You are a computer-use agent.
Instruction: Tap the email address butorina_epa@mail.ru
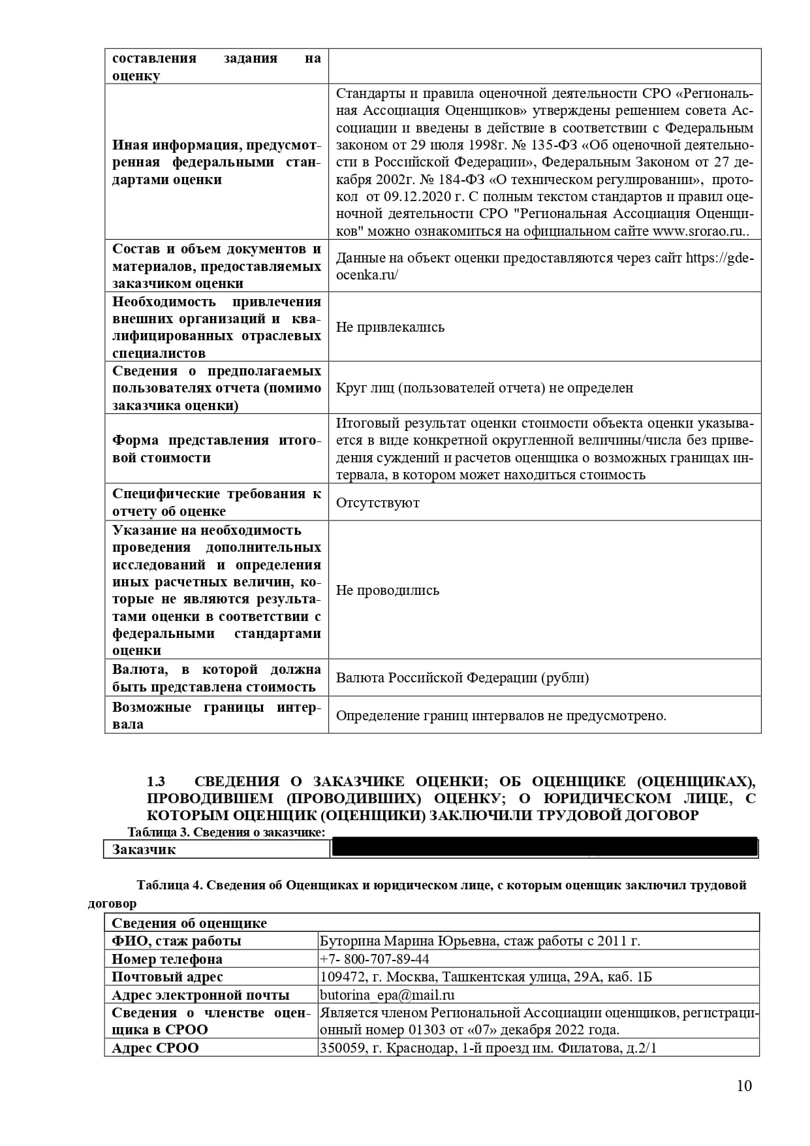coord(386,995)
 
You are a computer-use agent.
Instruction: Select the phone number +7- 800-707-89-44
coord(374,959)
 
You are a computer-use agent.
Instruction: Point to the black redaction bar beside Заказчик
coord(544,848)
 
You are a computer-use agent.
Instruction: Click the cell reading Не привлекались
coord(390,327)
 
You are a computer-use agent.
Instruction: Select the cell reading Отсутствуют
coord(377,503)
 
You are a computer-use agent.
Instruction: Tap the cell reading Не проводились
coord(387,590)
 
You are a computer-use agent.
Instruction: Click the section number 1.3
coord(156,782)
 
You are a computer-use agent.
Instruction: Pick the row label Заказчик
coord(144,850)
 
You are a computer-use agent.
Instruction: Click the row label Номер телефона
coord(166,959)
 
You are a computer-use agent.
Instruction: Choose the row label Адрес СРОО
coord(155,1048)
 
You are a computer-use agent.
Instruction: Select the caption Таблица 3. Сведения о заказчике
coord(226,832)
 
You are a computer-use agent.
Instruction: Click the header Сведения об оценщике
coord(189,923)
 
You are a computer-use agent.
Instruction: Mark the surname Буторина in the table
coord(349,941)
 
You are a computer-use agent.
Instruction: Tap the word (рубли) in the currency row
coord(565,678)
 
